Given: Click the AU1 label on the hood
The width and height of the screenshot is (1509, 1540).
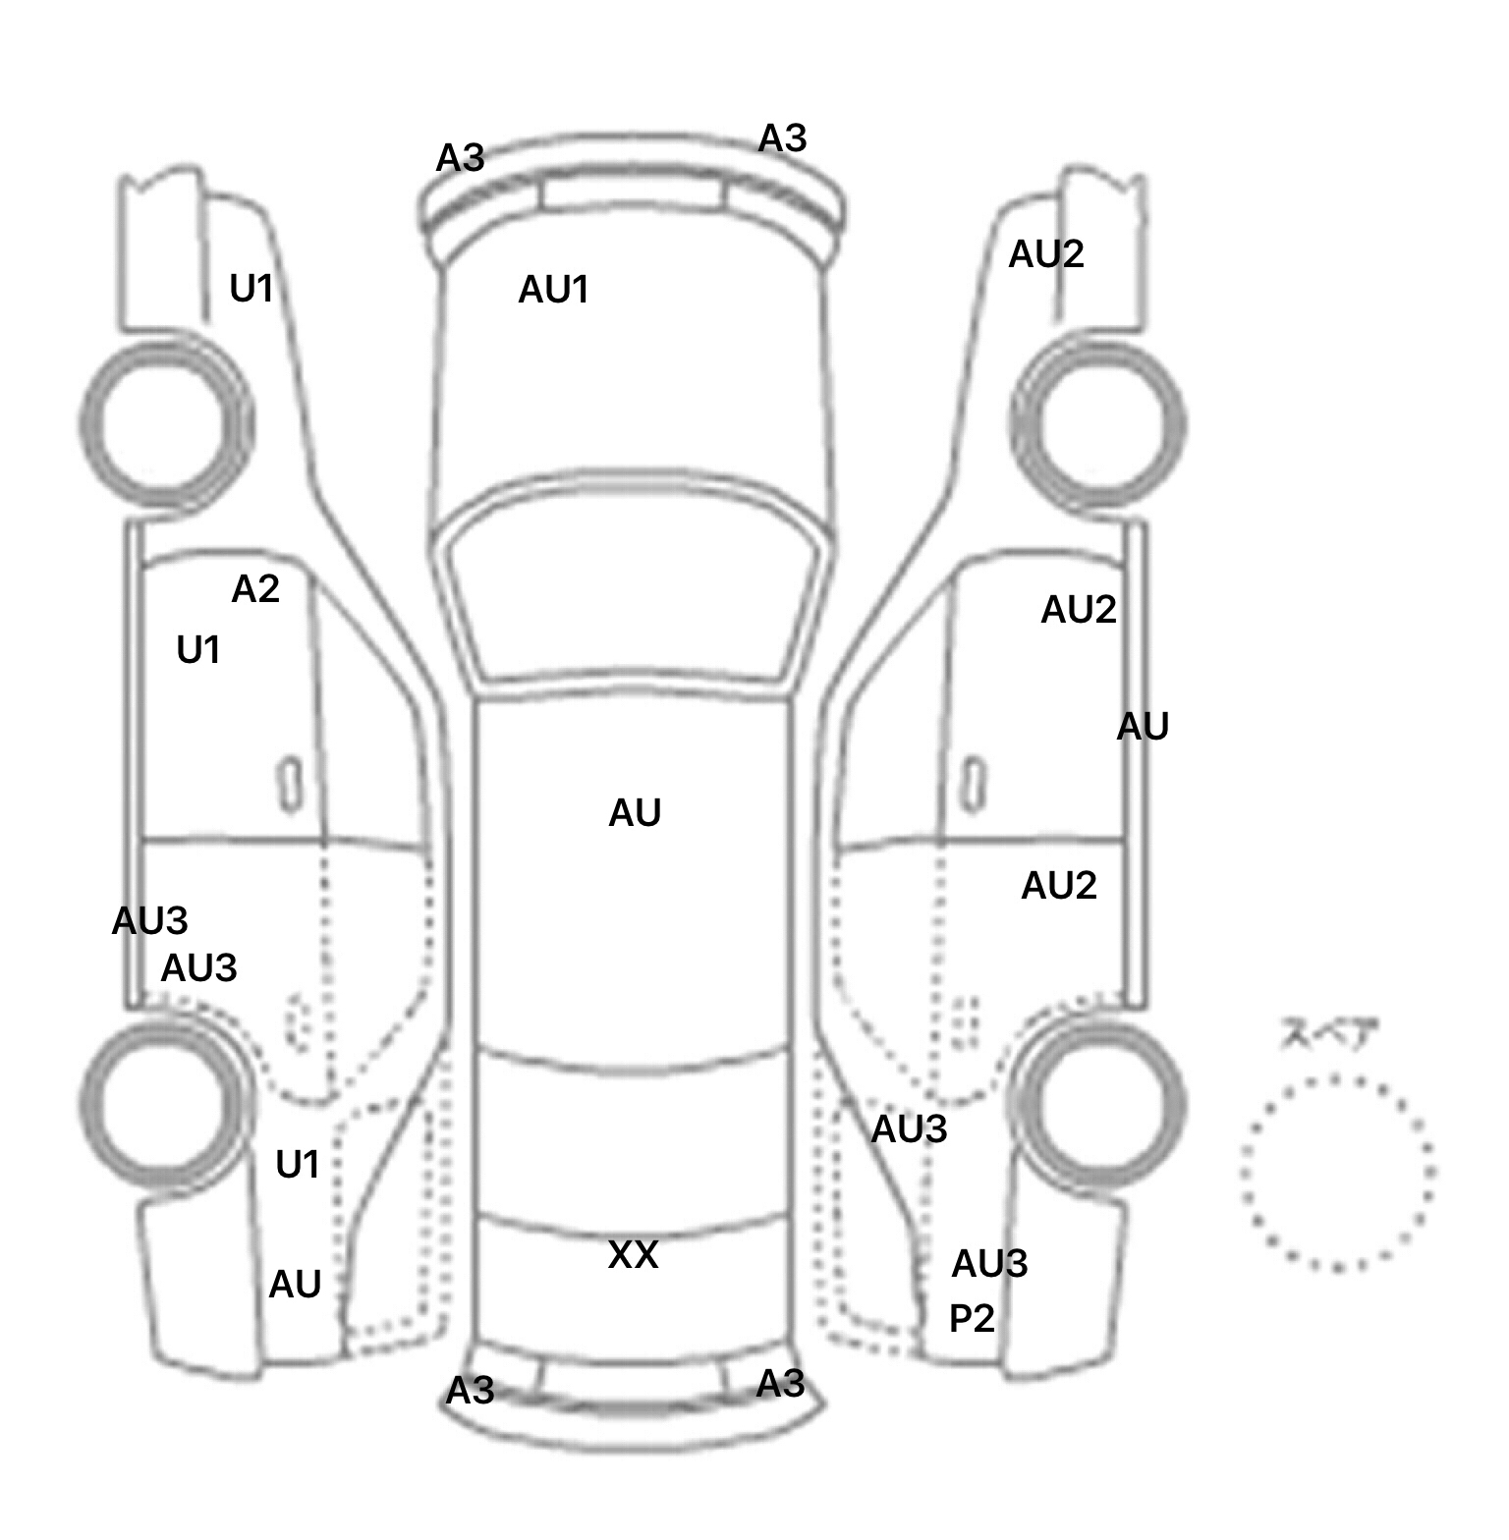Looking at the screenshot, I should (x=553, y=290).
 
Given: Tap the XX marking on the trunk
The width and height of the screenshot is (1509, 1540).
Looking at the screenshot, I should (x=633, y=1254).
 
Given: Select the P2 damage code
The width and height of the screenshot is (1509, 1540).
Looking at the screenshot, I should (x=972, y=1318).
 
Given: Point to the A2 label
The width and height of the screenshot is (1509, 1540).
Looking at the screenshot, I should (x=255, y=589).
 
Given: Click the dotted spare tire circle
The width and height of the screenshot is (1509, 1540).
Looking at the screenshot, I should (x=1337, y=1173).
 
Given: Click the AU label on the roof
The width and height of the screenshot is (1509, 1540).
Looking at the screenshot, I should (x=635, y=813).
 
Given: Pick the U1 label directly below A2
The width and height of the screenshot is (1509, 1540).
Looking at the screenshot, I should (x=197, y=650).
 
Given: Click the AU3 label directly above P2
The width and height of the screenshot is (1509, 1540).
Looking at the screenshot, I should (x=989, y=1263).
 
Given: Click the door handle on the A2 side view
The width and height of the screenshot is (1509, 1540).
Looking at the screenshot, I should (x=290, y=784).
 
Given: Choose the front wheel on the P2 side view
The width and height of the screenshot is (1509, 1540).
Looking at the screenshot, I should (x=1098, y=424).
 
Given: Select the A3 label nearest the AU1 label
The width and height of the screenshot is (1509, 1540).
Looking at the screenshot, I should (x=460, y=157).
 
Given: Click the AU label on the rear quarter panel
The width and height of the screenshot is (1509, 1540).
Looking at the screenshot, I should (x=295, y=1285).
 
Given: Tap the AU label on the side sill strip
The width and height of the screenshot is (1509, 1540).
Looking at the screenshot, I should (x=1143, y=728).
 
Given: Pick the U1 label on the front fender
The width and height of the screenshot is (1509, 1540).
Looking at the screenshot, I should (x=251, y=289).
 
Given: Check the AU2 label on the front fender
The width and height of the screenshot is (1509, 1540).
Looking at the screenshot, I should (x=1046, y=255).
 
